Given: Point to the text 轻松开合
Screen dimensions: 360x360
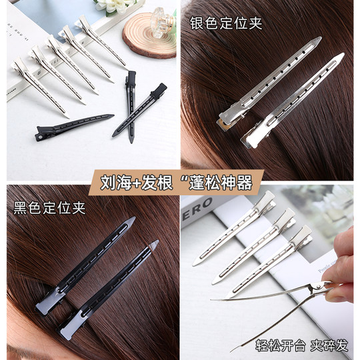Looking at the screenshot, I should [278, 345].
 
